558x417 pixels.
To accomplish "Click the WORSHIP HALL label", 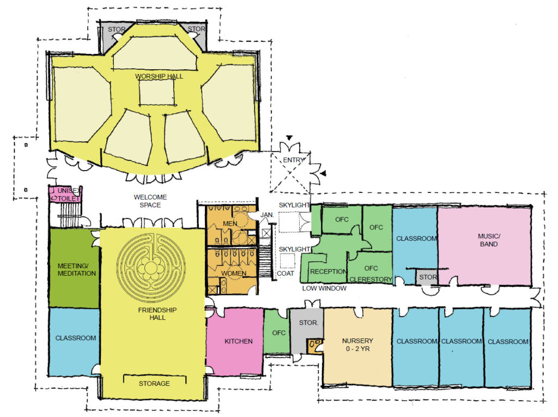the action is pyautogui.click(x=159, y=76).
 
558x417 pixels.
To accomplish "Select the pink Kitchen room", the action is pyautogui.click(x=235, y=341).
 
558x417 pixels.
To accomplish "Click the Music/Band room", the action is pyautogui.click(x=484, y=246).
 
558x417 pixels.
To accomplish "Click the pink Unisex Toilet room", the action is pyautogui.click(x=65, y=195).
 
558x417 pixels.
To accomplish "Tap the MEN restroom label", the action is pyautogui.click(x=230, y=223).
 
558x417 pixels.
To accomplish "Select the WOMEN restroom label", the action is pyautogui.click(x=234, y=274).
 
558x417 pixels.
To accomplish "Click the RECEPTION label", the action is pyautogui.click(x=328, y=271).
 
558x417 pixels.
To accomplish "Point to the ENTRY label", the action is pyautogui.click(x=294, y=160).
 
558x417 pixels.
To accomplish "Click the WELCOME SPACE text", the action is pyautogui.click(x=150, y=201).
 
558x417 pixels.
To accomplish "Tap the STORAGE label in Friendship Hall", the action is pyautogui.click(x=154, y=384).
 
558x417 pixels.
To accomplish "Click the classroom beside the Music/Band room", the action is pyautogui.click(x=415, y=242).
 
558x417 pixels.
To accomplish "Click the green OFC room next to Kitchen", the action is pyautogui.click(x=277, y=331).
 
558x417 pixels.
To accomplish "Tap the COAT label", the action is pyautogui.click(x=286, y=273).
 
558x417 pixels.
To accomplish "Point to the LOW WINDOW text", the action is pyautogui.click(x=324, y=288).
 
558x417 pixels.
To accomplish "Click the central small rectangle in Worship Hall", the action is pyautogui.click(x=156, y=92).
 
